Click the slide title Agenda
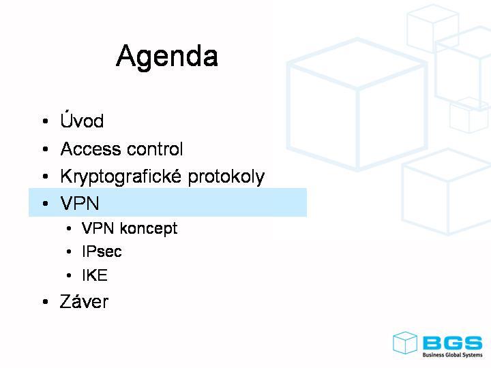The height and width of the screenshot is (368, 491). coord(167,57)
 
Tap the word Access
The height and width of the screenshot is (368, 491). coord(91,149)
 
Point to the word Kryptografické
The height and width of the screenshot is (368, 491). coord(121,176)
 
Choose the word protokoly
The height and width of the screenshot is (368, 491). coord(226,177)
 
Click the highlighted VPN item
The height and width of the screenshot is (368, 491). coord(80,203)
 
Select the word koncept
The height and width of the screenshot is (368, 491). coord(149,228)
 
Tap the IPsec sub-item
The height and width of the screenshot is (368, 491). coord(102,251)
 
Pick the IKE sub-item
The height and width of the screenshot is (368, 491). coord(95,275)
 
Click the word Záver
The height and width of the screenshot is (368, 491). coord(85,301)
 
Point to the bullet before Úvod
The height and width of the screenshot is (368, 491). coord(46,121)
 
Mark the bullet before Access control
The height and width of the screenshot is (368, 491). coord(46,149)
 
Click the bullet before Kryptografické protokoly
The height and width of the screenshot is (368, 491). coord(46,177)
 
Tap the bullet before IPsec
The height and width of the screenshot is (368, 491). coord(69,251)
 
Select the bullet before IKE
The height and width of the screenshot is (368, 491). coord(69,275)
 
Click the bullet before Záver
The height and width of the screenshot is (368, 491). coord(46,302)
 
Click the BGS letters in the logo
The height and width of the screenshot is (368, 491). coord(453,343)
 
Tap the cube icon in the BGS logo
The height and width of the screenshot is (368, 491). coord(405,343)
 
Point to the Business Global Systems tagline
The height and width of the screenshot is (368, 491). coord(453,355)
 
